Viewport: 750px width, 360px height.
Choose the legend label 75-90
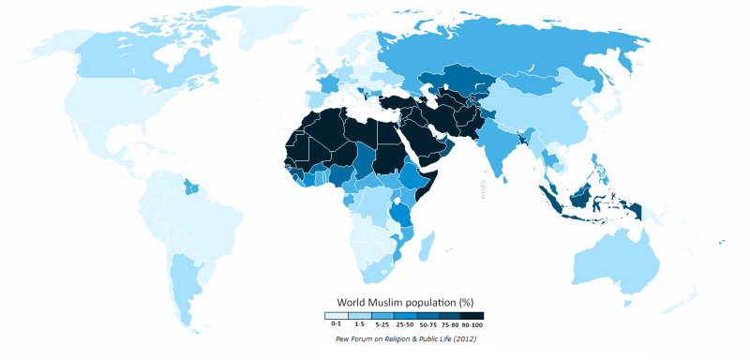point(450,323)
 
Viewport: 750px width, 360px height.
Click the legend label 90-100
point(472,323)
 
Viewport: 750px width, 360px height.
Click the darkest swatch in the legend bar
point(472,316)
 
